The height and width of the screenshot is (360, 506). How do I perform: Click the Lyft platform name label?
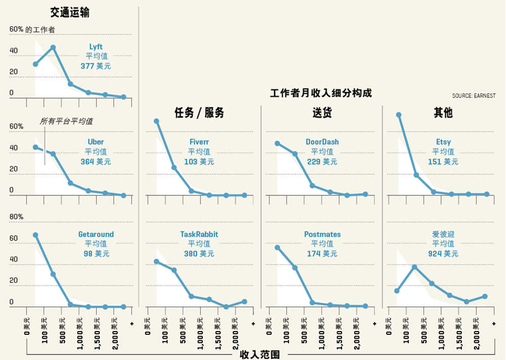coord(96,47)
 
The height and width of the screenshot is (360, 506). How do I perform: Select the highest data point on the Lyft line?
coord(53,48)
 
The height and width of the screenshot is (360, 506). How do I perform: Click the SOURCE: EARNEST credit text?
coord(474,96)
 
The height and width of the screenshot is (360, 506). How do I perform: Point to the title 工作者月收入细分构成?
coord(321,94)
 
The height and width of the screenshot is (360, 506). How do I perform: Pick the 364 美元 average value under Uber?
coord(96,162)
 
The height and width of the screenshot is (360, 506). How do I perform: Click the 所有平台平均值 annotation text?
coord(66,122)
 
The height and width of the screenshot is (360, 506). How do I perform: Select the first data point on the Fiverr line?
coord(156,121)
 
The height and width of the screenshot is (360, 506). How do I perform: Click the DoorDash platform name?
coord(322,142)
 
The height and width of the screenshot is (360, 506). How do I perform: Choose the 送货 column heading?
coord(322,113)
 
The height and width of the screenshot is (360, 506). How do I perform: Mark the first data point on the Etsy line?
coord(399,115)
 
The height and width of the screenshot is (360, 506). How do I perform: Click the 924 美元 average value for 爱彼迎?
coord(443,254)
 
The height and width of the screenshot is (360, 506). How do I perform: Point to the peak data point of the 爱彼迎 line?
coord(414,267)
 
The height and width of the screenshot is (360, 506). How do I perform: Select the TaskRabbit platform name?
coord(199,234)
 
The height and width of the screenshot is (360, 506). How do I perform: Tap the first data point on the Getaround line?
coord(35,235)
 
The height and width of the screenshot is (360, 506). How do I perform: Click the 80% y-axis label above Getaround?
coord(17,217)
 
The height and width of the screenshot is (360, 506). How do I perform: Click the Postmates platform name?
coord(322,234)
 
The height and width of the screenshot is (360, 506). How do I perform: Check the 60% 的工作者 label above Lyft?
coord(32,30)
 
